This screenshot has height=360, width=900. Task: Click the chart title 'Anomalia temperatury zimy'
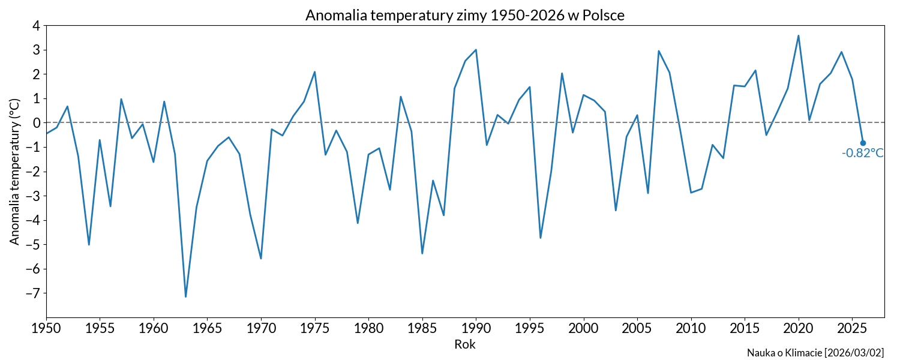pyautogui.click(x=465, y=15)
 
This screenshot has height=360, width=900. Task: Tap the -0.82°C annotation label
pyautogui.click(x=863, y=153)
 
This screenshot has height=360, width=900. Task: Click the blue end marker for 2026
pyautogui.click(x=863, y=143)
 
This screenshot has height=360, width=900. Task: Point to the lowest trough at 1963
pyautogui.click(x=186, y=296)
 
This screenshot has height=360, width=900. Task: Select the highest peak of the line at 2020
pyautogui.click(x=798, y=35)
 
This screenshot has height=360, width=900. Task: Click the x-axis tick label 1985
pyautogui.click(x=422, y=329)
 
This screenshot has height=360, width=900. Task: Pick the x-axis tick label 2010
pyautogui.click(x=691, y=329)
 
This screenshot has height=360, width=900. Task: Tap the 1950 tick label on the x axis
pyautogui.click(x=47, y=329)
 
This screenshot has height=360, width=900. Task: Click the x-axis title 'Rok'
pyautogui.click(x=465, y=344)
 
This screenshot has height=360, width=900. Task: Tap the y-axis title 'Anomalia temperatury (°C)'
pyautogui.click(x=14, y=171)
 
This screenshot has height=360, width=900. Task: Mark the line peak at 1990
pyautogui.click(x=476, y=50)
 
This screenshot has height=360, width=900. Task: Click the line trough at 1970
pyautogui.click(x=261, y=258)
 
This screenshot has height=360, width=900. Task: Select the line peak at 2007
pyautogui.click(x=659, y=51)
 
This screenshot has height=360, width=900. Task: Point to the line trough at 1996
pyautogui.click(x=541, y=238)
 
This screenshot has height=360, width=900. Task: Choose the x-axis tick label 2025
pyautogui.click(x=852, y=329)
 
